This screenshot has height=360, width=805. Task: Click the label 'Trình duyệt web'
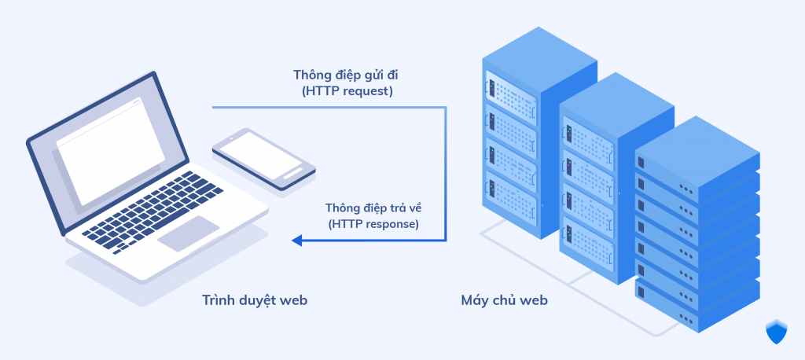[x=254, y=300]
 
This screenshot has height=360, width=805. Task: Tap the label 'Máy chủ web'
[x=504, y=300]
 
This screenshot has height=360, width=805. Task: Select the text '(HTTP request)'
[x=347, y=91]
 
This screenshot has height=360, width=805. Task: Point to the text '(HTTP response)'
[x=373, y=224]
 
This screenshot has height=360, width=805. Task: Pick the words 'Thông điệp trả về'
[x=372, y=208]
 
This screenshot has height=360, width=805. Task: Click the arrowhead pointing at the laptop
[x=296, y=241]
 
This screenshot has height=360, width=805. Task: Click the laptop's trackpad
[x=188, y=233]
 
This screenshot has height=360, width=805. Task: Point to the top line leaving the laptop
[x=330, y=108]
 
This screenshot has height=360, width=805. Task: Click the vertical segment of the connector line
[x=446, y=173]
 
